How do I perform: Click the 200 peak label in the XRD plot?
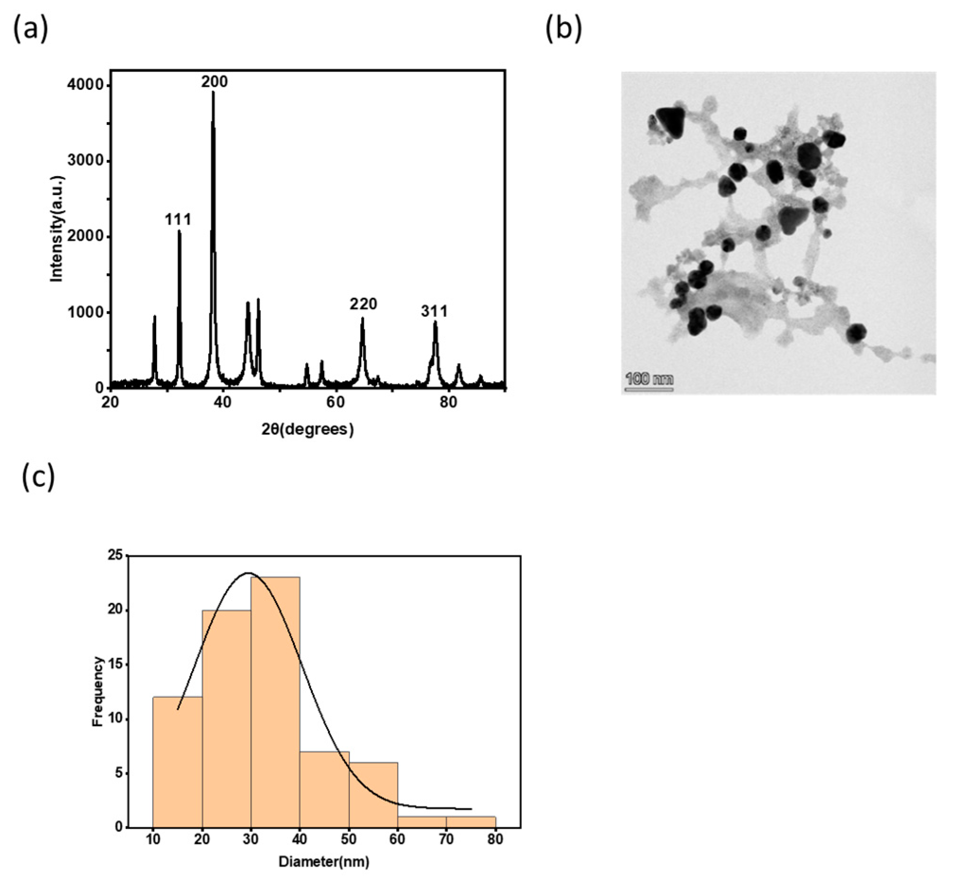[x=214, y=82]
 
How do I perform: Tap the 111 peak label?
[x=178, y=220]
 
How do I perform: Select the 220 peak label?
[x=363, y=303]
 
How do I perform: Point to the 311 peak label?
[x=434, y=311]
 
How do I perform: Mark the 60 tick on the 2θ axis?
[x=335, y=402]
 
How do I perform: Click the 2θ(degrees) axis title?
[x=308, y=429]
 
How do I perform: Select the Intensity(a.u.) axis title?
[x=56, y=229]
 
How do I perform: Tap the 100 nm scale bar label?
[x=649, y=379]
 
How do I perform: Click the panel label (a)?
[x=30, y=29]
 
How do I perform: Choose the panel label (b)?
[x=563, y=29]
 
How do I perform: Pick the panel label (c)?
[x=38, y=477]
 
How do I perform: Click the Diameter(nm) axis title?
[x=324, y=862]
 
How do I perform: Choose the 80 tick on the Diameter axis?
[x=495, y=839]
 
